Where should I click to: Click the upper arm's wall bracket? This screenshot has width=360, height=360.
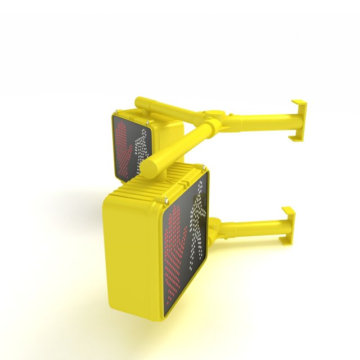[x=299, y=119]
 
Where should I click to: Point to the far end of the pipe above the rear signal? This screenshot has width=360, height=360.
[x=140, y=103]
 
